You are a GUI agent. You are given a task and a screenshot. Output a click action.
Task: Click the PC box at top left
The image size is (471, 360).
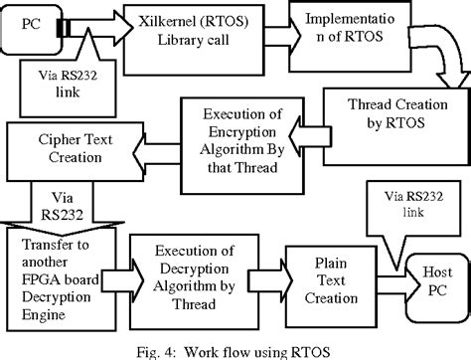(x=29, y=25)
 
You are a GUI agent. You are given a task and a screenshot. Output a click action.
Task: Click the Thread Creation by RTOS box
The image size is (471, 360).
(x=392, y=115)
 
